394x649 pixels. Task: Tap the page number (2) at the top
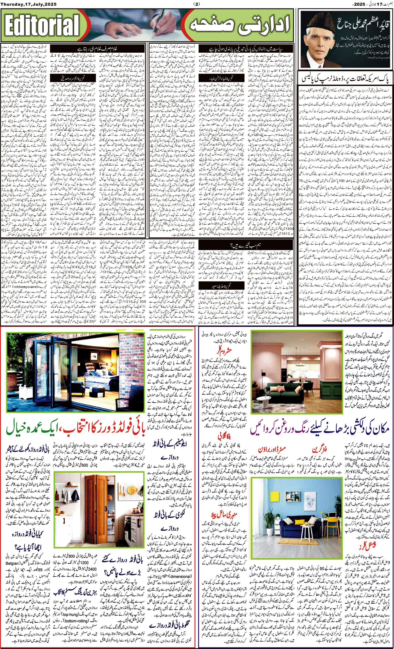coord(197,4)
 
